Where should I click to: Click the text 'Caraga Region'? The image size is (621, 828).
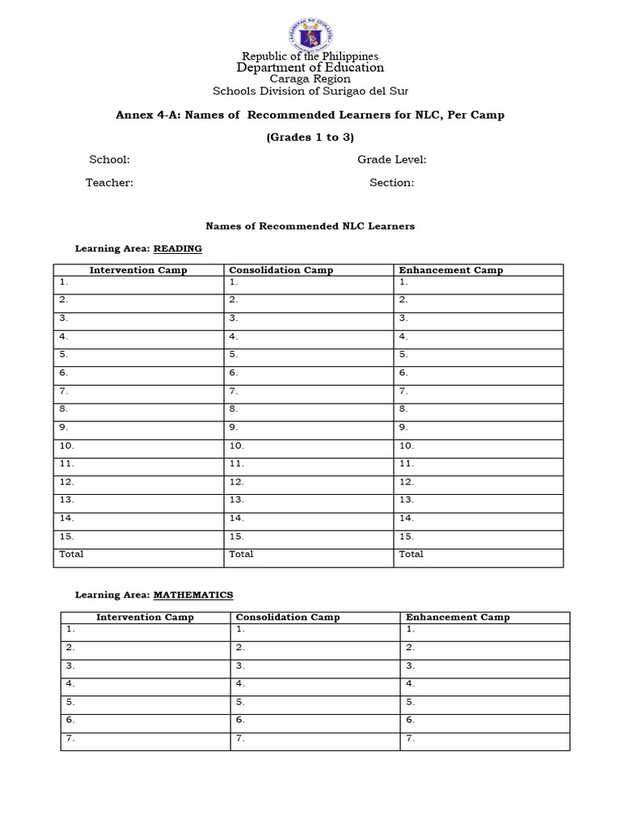[x=310, y=79]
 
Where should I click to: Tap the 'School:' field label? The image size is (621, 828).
[x=109, y=160]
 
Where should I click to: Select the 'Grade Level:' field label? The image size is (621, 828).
[x=391, y=160]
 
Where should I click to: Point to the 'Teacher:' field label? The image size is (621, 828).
[x=109, y=183]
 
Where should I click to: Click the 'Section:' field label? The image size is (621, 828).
[x=391, y=183]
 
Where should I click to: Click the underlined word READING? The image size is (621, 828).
[x=178, y=249]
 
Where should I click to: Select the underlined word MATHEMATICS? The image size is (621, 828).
[x=193, y=595]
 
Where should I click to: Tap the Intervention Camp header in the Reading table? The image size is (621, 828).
[x=138, y=270]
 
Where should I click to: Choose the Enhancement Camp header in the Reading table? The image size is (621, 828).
[x=450, y=270]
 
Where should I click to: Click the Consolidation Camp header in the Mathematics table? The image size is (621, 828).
[x=288, y=617]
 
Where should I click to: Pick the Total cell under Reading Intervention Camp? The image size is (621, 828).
[x=71, y=555]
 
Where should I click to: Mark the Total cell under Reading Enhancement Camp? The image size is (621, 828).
[x=411, y=555]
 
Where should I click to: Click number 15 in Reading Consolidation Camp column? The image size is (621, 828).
[x=236, y=536]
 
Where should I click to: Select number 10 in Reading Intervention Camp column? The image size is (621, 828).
[x=66, y=446]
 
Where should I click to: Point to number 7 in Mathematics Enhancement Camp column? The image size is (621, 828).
[x=410, y=738]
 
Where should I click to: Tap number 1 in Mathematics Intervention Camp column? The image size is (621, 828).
[x=70, y=628]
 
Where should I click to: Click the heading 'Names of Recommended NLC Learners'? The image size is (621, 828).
[x=310, y=226]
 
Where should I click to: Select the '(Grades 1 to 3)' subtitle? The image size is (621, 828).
[x=310, y=137]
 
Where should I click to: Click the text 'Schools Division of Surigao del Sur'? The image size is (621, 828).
[x=310, y=91]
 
